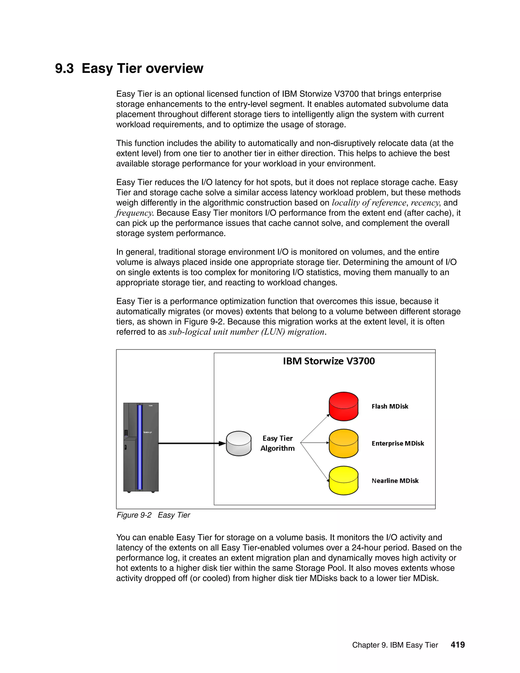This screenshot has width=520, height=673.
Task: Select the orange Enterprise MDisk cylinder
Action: point(344,443)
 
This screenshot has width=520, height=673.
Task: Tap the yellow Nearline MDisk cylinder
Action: point(344,480)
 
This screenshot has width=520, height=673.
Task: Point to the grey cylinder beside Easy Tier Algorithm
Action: point(239,443)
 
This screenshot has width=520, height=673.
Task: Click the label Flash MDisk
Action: point(390,406)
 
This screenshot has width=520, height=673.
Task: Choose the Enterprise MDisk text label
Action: point(398,443)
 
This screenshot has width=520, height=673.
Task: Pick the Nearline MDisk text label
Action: point(395,481)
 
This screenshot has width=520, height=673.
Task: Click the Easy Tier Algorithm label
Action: point(278,443)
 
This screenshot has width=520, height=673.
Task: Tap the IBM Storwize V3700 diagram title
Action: point(329,361)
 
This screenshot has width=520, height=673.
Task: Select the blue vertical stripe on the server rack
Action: point(140,447)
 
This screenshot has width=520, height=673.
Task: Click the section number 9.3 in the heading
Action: point(64,68)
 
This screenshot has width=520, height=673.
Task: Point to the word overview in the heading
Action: point(174,68)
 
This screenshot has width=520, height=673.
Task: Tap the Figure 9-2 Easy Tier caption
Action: point(153,515)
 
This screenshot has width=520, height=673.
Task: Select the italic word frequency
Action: point(134,213)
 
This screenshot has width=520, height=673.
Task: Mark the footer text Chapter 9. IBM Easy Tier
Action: point(395,645)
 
